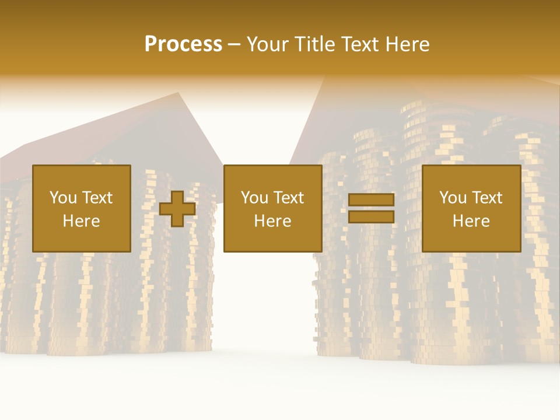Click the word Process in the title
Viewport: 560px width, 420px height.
(x=183, y=44)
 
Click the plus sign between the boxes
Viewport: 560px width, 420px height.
(x=177, y=209)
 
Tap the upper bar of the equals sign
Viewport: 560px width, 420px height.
(x=371, y=200)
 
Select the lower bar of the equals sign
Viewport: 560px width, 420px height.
(x=371, y=217)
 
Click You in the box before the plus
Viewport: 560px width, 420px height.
(x=62, y=198)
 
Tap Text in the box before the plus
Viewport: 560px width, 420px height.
(x=97, y=198)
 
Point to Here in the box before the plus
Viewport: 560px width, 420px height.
(x=81, y=221)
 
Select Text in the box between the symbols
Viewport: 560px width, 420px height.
(x=288, y=198)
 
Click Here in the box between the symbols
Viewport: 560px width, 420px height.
(x=273, y=221)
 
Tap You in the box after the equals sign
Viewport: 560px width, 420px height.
(x=452, y=198)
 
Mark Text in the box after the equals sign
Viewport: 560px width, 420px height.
(x=487, y=198)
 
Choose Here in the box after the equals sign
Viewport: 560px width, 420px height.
(x=471, y=221)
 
